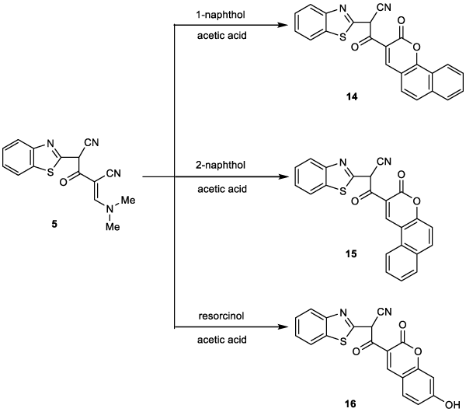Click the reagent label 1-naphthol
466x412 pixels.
(222, 15)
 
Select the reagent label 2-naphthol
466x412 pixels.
(222, 165)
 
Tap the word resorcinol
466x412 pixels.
(221, 316)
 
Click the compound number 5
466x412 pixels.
(54, 224)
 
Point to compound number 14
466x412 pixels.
(352, 96)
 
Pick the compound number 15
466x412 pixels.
(351, 254)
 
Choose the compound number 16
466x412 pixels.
(351, 404)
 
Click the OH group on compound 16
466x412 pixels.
(453, 405)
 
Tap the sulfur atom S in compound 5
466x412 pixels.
(50, 172)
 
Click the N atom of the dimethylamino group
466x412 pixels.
(110, 209)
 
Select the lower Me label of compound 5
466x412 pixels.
(113, 227)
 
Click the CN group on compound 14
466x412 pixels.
(384, 8)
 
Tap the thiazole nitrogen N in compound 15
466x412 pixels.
(343, 162)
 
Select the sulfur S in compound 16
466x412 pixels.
(343, 341)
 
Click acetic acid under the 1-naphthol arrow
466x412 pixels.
(222, 36)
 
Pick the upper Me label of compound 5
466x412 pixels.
(128, 201)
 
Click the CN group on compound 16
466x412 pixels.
(384, 312)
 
